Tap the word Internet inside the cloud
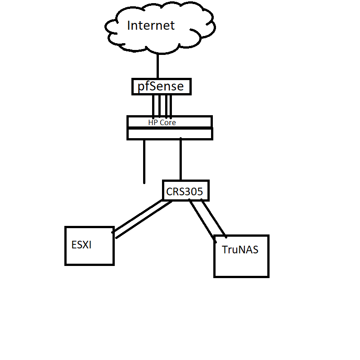coord(150,26)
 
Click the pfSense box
coord(161,86)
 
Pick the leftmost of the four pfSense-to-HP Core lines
coord(153,106)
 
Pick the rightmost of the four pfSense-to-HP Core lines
coord(171,106)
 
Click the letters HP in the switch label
coord(153,122)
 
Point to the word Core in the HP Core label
coord(168,122)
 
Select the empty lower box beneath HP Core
coord(170,134)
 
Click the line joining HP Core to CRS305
coord(180,160)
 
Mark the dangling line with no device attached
coord(144,162)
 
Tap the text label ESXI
coord(81,245)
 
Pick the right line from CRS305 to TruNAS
coord(213,218)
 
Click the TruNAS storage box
coord(241,265)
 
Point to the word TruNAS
coord(240,250)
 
